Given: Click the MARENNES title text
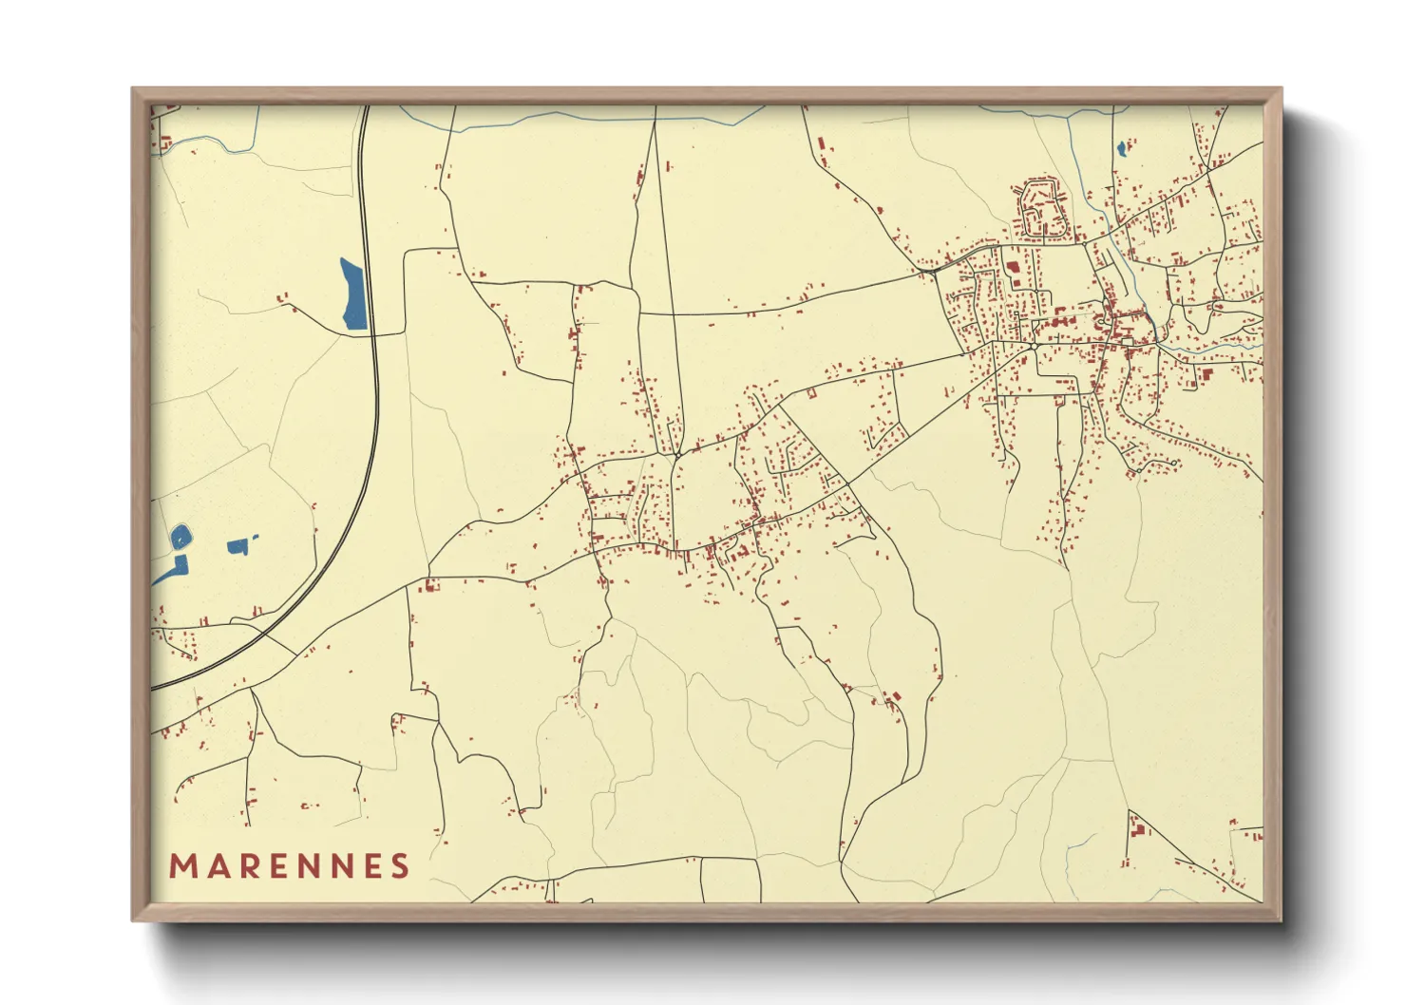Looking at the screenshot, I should pyautogui.click(x=289, y=865).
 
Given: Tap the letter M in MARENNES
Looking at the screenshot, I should pyautogui.click(x=181, y=865).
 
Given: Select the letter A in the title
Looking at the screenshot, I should pyautogui.click(x=217, y=865).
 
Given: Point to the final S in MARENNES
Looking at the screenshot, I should pyautogui.click(x=400, y=865).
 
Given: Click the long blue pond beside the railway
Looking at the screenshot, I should pyautogui.click(x=353, y=294).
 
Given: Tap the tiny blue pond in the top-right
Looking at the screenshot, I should pyautogui.click(x=1122, y=148).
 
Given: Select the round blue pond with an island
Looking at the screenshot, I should pyautogui.click(x=180, y=538).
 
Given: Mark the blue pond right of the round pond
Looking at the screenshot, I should pyautogui.click(x=239, y=545).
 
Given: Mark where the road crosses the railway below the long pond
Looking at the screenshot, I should pyautogui.click(x=373, y=333).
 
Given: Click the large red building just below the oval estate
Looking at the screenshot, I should pyautogui.click(x=1013, y=268).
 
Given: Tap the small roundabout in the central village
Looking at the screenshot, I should pyautogui.click(x=677, y=454).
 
